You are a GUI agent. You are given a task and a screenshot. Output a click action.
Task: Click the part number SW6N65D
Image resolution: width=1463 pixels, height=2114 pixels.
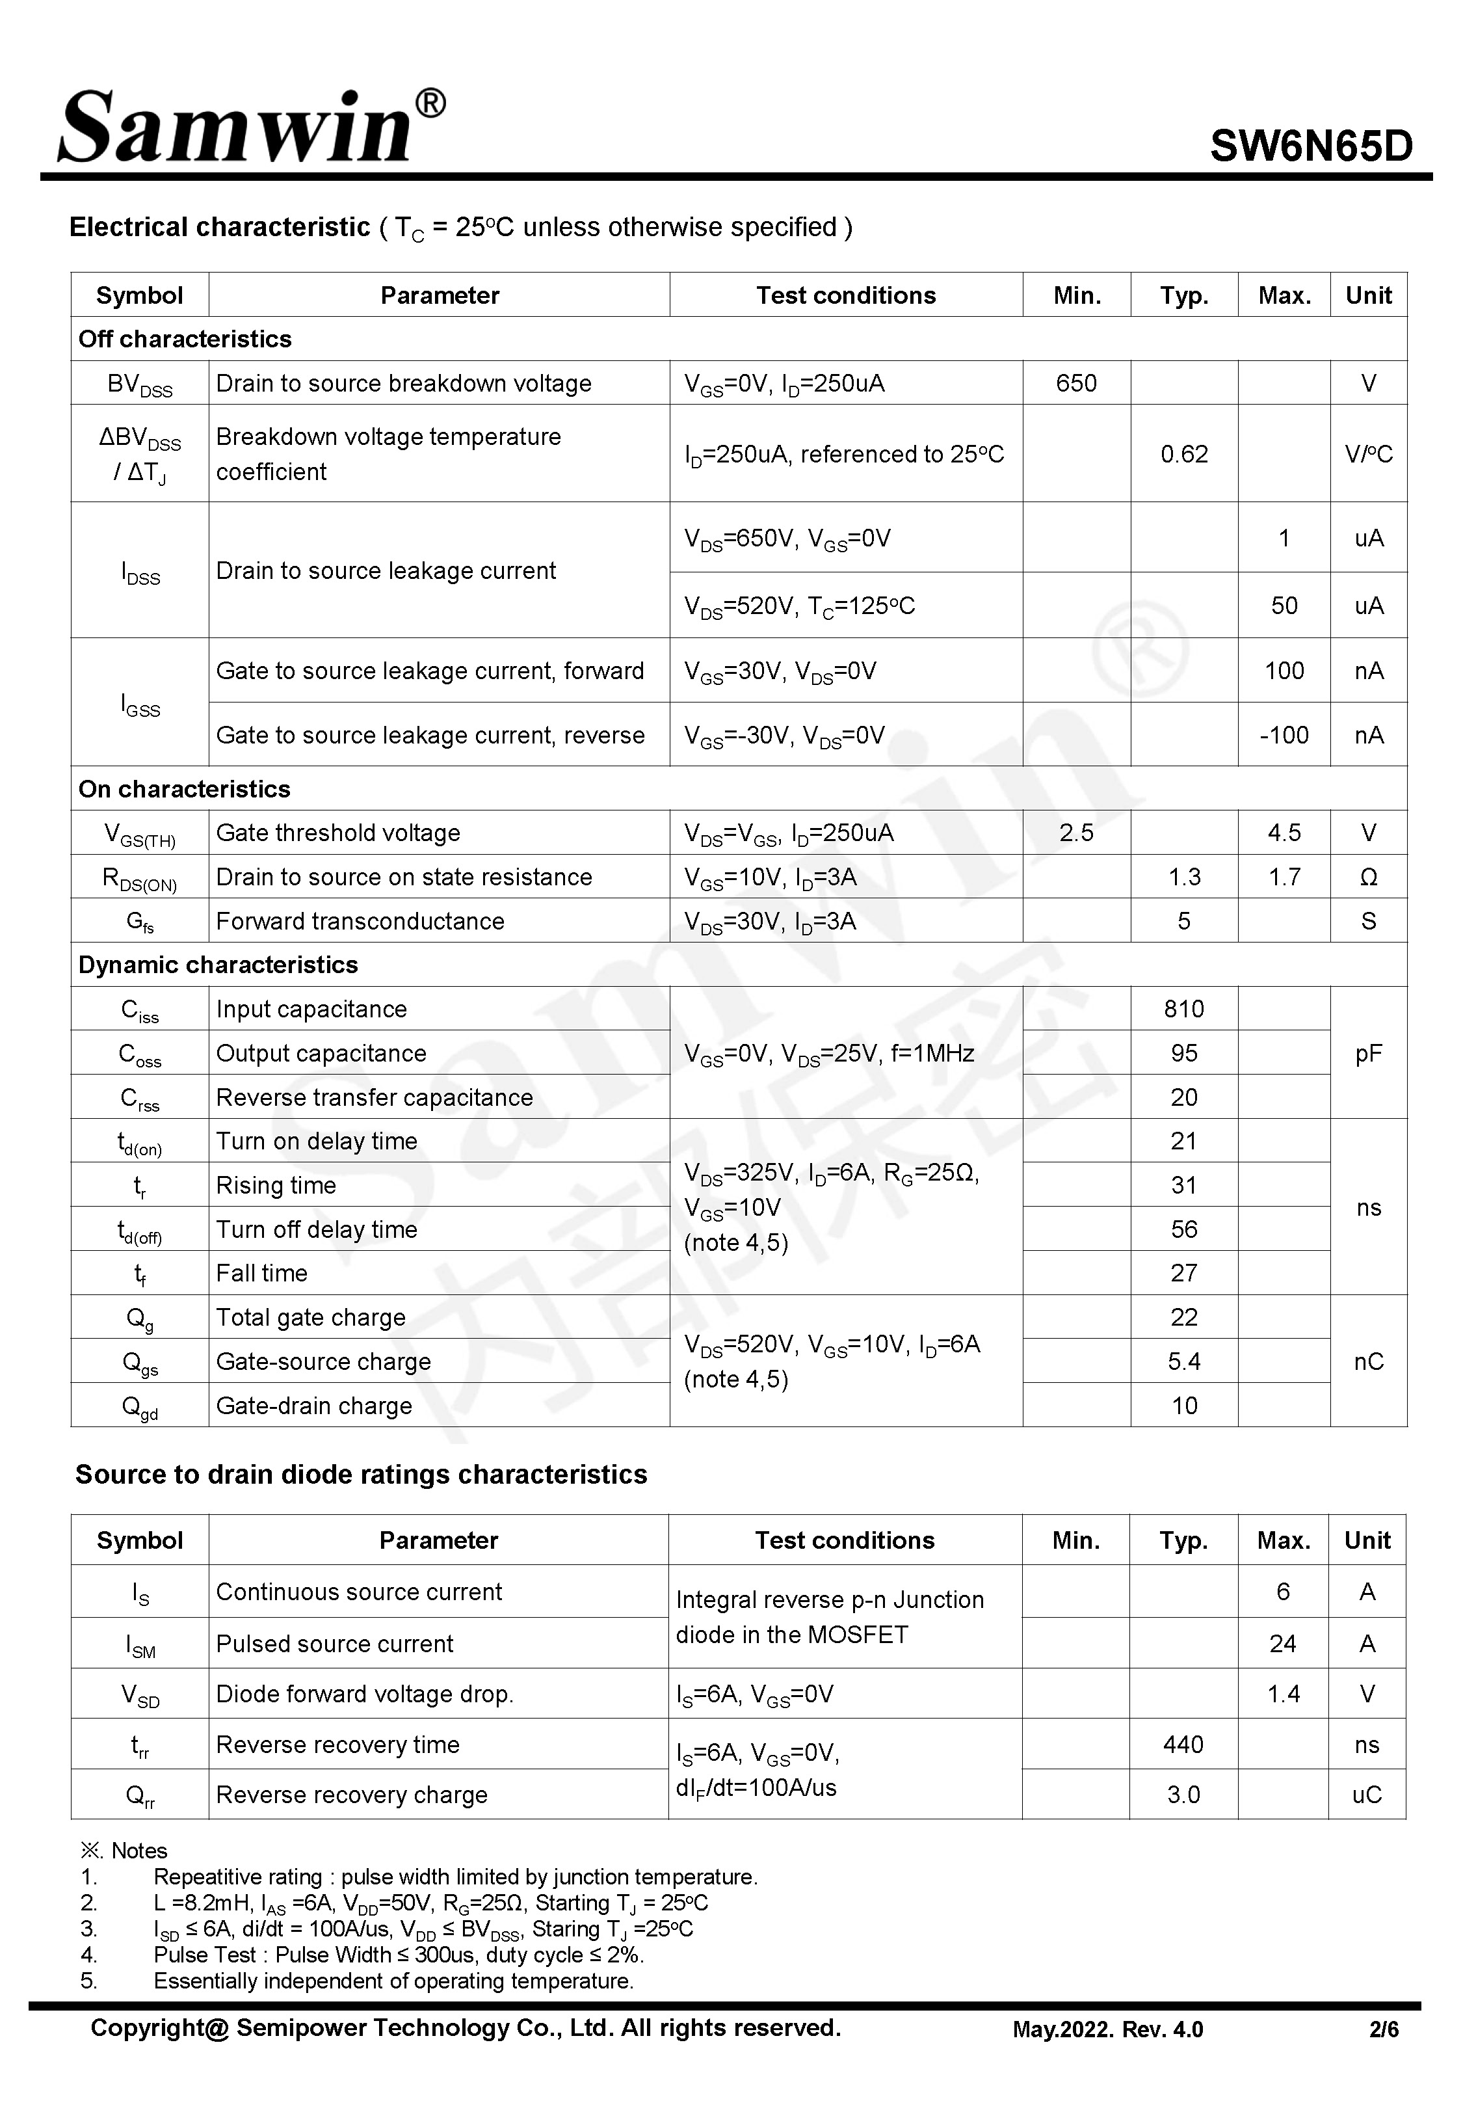tap(1311, 146)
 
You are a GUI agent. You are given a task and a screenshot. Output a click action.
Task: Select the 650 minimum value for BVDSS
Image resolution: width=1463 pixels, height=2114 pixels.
tap(1075, 383)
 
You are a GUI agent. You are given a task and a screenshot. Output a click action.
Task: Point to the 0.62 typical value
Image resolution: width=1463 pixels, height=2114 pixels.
tap(1183, 454)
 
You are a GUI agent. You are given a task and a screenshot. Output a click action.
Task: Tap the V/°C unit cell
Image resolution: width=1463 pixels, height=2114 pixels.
tap(1367, 454)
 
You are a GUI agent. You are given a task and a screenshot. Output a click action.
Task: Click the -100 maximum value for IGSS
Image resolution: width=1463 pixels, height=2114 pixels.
tap(1284, 735)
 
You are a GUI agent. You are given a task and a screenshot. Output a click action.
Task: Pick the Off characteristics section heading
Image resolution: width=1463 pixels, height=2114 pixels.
tap(185, 339)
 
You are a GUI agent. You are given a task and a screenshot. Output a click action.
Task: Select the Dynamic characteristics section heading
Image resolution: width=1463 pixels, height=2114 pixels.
tap(218, 965)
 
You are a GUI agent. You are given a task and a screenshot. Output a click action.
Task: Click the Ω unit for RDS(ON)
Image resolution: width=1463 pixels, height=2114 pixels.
tap(1367, 877)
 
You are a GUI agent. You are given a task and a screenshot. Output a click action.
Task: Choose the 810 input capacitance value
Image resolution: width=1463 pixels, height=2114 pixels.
tap(1183, 1010)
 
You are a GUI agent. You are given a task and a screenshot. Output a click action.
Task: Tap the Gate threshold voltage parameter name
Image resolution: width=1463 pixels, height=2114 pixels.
tap(338, 833)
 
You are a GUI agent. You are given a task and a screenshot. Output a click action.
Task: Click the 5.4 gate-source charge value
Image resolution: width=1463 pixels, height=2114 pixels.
tap(1183, 1362)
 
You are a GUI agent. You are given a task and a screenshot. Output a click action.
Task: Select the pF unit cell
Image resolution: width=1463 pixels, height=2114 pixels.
tap(1367, 1053)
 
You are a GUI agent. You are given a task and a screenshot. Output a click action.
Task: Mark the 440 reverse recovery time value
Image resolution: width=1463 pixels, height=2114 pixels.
tap(1183, 1745)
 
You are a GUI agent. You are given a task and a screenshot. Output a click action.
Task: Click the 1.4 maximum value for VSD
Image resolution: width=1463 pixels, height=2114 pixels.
tap(1282, 1694)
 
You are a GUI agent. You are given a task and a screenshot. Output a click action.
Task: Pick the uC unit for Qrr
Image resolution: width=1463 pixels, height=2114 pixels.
tap(1366, 1795)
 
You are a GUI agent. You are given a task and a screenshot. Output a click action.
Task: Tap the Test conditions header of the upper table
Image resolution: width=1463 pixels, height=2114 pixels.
tap(845, 295)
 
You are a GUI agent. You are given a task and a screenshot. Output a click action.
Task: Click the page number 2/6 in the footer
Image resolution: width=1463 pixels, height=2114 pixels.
tap(1383, 2029)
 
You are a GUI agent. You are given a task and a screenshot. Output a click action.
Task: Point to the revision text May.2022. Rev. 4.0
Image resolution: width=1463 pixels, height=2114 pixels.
tap(1107, 2029)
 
